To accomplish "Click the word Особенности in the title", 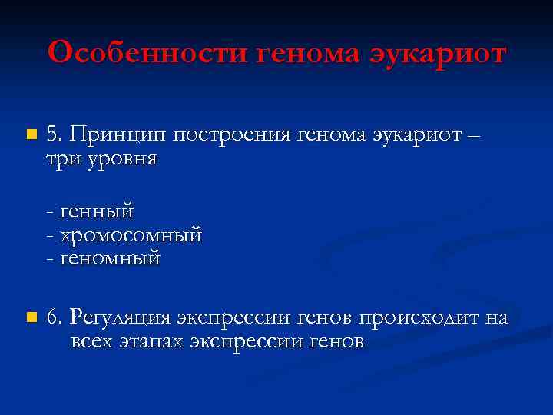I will pyautogui.click(x=148, y=54).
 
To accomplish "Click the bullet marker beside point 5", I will pyautogui.click(x=31, y=135).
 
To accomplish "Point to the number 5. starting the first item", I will pyautogui.click(x=54, y=135).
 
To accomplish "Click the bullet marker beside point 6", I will pyautogui.click(x=31, y=317).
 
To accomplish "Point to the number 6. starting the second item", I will pyautogui.click(x=55, y=317).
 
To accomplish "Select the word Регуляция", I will pyautogui.click(x=121, y=317).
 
